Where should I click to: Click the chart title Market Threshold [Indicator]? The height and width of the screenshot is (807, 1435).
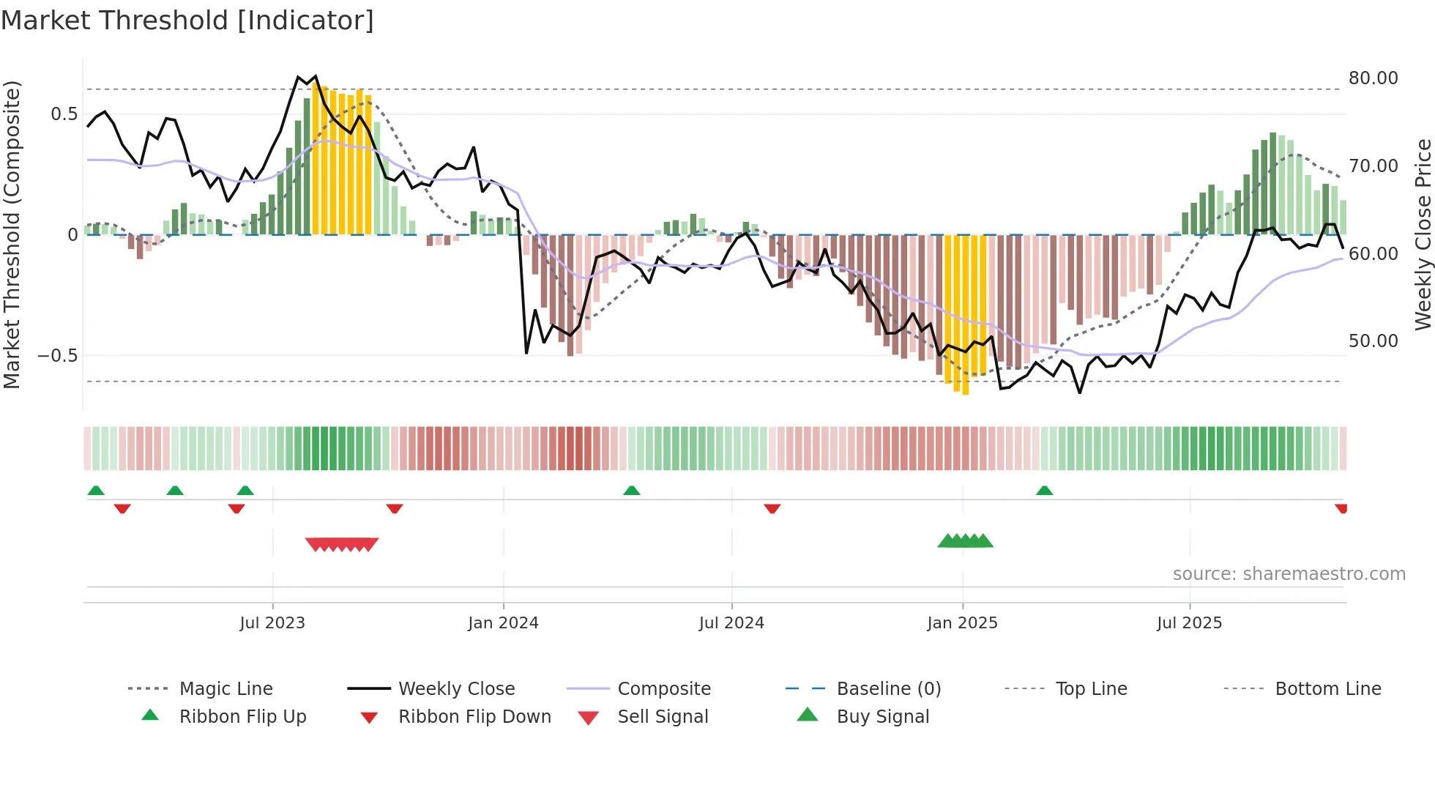click(x=187, y=21)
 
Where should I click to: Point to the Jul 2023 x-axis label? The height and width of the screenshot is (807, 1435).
click(x=272, y=623)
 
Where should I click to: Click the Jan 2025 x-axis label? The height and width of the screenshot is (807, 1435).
click(x=962, y=623)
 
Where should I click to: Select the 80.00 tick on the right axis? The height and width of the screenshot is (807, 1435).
click(x=1373, y=78)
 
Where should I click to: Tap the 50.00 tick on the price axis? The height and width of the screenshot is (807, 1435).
click(x=1373, y=341)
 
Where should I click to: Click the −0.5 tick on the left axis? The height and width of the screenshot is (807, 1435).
click(x=57, y=356)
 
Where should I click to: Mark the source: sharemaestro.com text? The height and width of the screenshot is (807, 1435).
click(x=1289, y=574)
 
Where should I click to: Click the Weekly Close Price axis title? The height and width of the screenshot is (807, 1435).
click(x=1423, y=234)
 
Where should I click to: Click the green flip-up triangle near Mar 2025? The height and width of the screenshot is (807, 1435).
click(x=1044, y=491)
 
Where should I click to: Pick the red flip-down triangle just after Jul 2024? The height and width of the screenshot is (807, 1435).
click(x=772, y=508)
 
